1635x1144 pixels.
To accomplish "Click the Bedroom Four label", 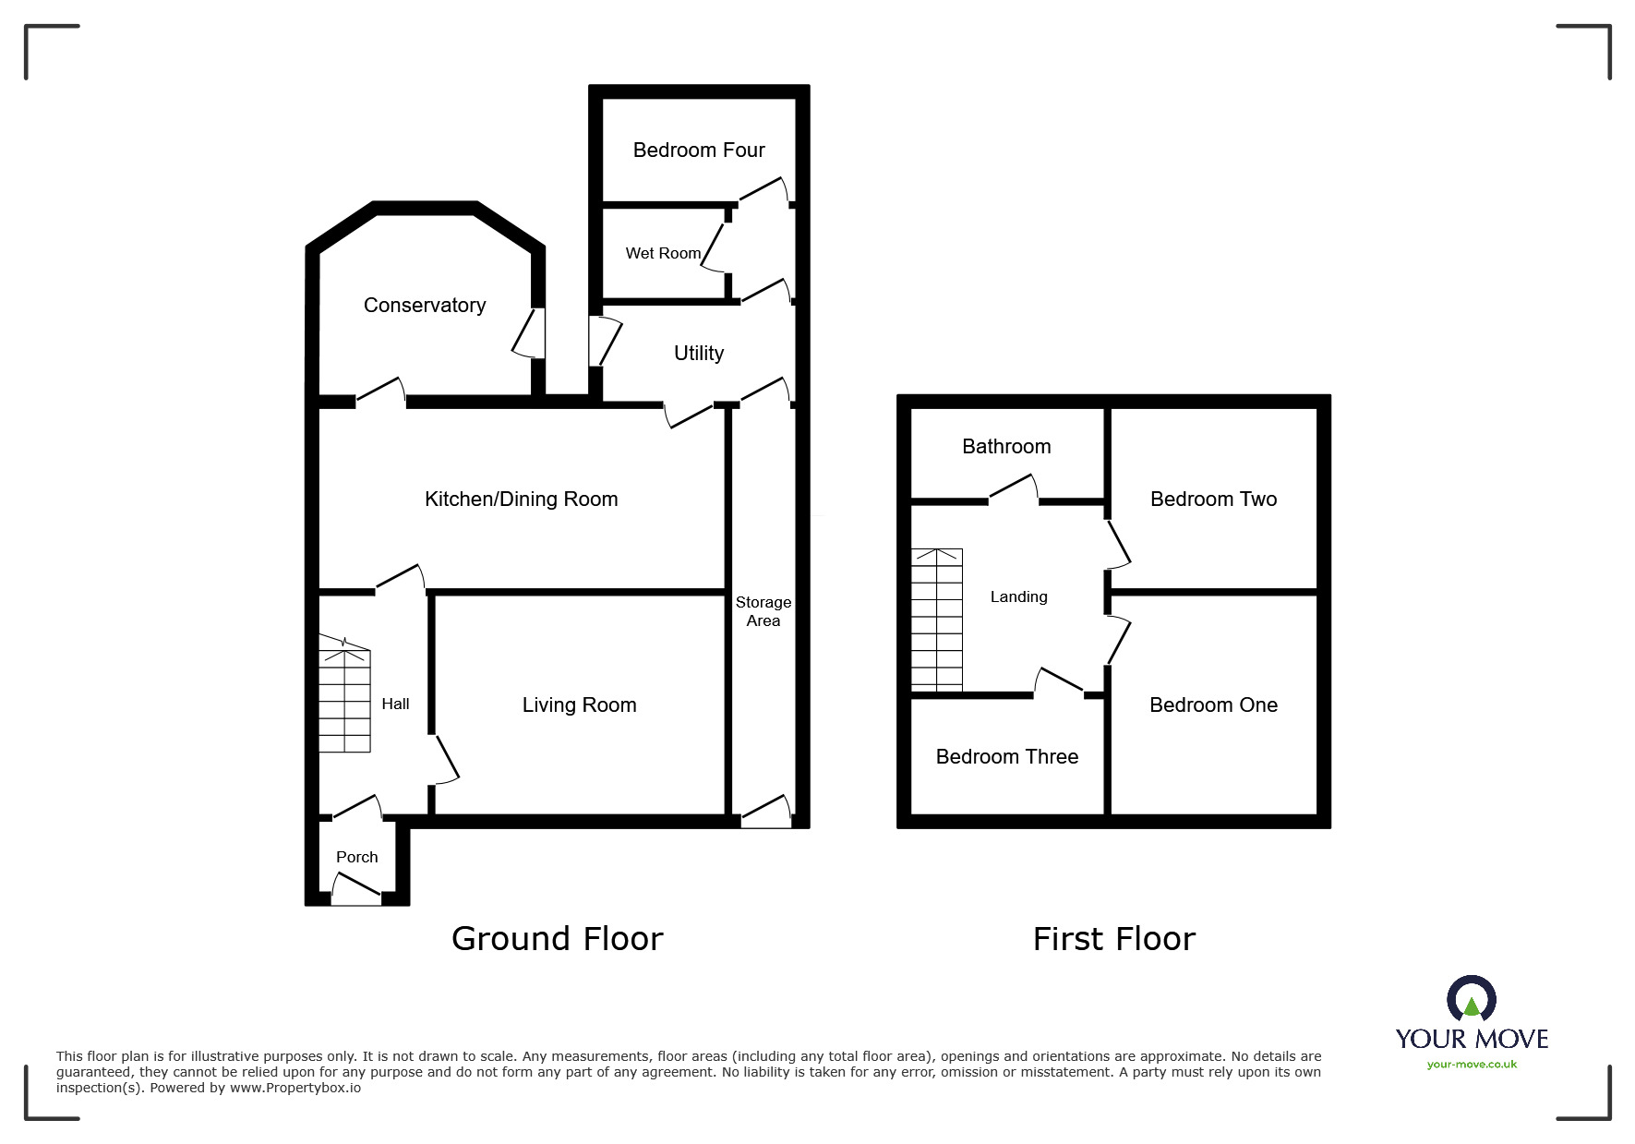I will pyautogui.click(x=699, y=150).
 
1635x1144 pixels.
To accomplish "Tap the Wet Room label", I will pyautogui.click(x=663, y=253).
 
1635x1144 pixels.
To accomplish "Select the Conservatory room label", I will pyautogui.click(x=425, y=305).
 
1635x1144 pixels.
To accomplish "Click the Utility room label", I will pyautogui.click(x=699, y=353).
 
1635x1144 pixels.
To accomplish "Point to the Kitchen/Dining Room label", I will pyautogui.click(x=521, y=499).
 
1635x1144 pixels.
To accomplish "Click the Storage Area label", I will pyautogui.click(x=763, y=611).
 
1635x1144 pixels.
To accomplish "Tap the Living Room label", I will pyautogui.click(x=579, y=704).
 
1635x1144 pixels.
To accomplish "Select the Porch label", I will pyautogui.click(x=356, y=857).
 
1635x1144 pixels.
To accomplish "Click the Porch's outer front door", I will pyautogui.click(x=355, y=889).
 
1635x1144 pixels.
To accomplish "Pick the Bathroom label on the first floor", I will pyautogui.click(x=1006, y=446).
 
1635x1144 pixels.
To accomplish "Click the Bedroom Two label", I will pyautogui.click(x=1213, y=499).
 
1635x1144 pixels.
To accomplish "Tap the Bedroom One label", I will pyautogui.click(x=1213, y=704).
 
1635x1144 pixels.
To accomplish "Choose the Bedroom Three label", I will pyautogui.click(x=1006, y=756).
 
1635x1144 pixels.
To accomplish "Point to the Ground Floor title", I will pyautogui.click(x=557, y=938).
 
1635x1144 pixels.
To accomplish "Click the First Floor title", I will pyautogui.click(x=1113, y=938).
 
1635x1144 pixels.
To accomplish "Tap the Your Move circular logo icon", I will pyautogui.click(x=1471, y=1000).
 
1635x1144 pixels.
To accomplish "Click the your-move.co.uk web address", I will pyautogui.click(x=1472, y=1065).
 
